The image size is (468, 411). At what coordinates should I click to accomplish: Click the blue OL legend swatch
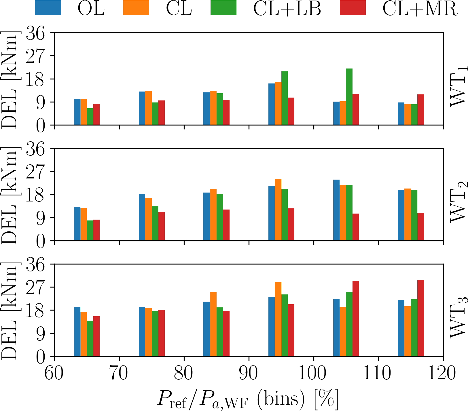click(x=48, y=8)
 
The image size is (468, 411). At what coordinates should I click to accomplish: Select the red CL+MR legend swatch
click(x=353, y=8)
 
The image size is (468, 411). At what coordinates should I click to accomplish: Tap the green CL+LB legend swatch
click(x=223, y=8)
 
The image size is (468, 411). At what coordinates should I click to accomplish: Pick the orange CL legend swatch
click(x=136, y=8)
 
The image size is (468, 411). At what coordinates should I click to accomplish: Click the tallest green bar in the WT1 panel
click(x=349, y=97)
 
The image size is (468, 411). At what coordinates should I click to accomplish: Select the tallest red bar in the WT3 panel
click(x=420, y=318)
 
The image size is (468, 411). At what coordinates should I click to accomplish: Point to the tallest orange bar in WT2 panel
click(x=278, y=210)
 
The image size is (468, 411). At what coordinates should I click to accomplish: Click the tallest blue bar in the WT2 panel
click(x=336, y=210)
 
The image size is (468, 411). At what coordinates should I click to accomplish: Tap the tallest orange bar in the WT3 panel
click(x=278, y=319)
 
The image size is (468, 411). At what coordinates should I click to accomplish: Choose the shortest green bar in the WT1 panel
click(x=90, y=117)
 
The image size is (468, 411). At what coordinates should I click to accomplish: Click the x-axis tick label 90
click(x=249, y=374)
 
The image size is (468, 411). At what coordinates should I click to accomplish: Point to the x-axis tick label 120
click(x=443, y=374)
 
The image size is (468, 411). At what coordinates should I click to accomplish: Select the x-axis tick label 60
click(x=54, y=374)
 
